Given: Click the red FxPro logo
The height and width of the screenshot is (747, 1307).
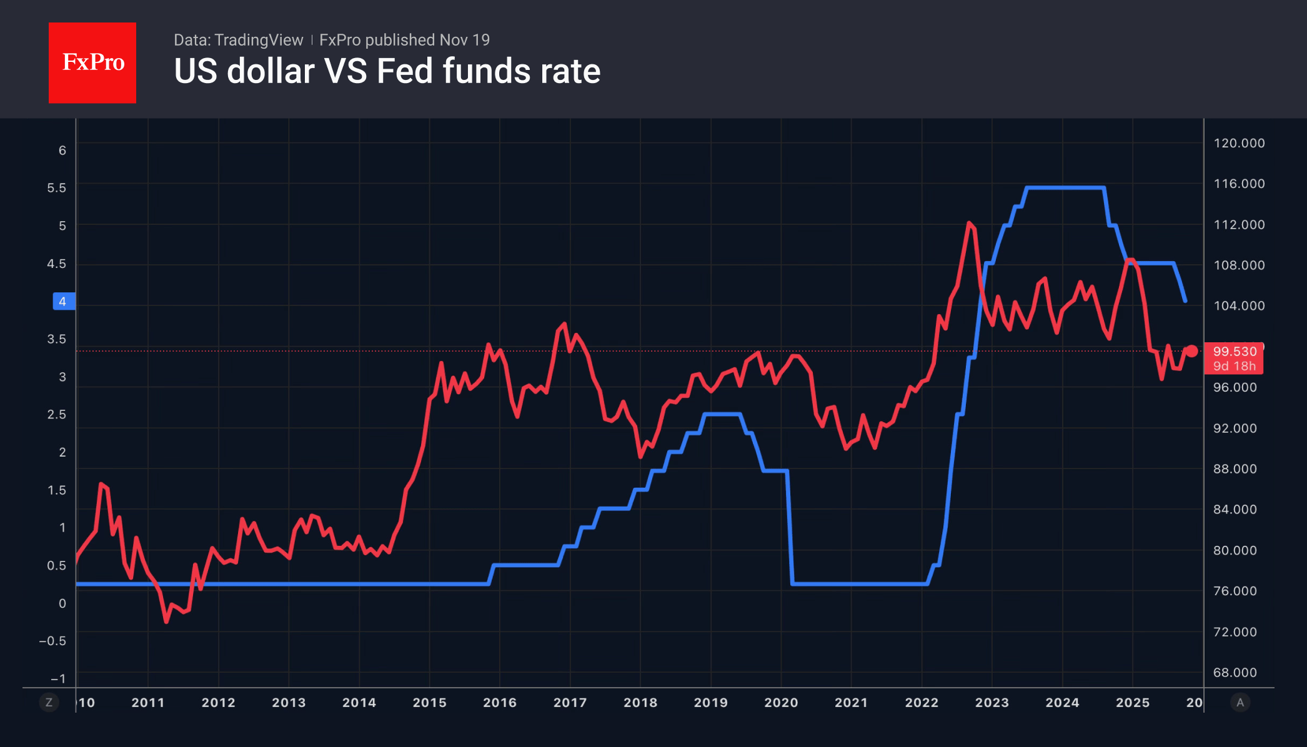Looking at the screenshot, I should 92,62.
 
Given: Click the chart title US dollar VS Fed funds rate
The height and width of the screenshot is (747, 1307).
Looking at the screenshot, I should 387,71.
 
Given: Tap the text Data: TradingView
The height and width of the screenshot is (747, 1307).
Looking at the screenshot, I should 238,40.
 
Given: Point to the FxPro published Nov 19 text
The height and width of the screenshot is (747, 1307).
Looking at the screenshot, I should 404,40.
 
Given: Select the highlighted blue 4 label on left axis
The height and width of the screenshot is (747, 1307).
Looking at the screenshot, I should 62,302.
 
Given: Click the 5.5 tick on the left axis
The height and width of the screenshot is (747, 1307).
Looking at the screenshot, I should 56,188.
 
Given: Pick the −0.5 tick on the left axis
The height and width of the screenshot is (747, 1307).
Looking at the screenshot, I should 52,641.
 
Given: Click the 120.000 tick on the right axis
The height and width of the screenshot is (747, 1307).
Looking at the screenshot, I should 1239,143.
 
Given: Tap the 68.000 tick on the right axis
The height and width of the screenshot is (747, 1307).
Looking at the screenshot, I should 1235,673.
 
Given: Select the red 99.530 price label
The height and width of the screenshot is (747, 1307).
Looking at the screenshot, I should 1234,352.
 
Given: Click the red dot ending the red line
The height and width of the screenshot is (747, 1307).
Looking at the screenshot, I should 1192,351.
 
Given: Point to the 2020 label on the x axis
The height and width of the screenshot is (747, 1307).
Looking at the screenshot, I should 781,703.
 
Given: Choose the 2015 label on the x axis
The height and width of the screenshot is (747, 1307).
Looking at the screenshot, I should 429,703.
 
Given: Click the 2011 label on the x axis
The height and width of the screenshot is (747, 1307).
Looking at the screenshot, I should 148,703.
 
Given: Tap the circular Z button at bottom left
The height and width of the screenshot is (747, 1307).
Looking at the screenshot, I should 49,703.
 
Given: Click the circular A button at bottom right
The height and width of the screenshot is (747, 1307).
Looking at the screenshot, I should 1240,703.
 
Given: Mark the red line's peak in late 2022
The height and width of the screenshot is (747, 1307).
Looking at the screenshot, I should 969,223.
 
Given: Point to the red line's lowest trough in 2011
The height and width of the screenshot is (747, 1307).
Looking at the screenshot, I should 166,621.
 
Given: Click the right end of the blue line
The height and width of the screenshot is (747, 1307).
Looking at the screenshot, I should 1185,301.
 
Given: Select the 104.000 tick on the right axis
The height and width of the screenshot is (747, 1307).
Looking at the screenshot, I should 1239,305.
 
